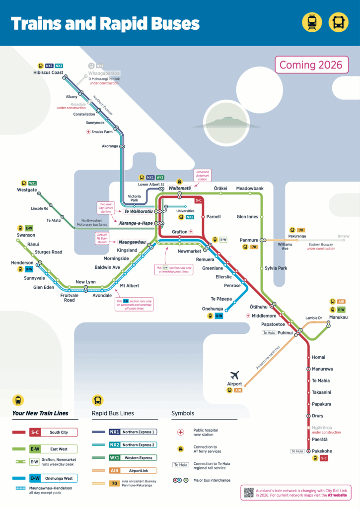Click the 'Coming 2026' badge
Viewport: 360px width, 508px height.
311,65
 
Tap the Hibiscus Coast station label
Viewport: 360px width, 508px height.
48,72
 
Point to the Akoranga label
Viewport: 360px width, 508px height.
110,146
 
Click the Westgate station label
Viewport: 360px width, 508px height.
27,190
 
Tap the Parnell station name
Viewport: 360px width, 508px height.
214,217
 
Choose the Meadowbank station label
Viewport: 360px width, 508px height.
250,189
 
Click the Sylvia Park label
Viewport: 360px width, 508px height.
276,268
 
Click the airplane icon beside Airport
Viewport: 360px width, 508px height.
234,375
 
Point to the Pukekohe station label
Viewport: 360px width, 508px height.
322,451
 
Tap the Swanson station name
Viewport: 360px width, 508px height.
26,235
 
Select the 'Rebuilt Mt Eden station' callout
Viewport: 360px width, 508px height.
102,239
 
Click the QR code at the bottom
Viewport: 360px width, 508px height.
249,492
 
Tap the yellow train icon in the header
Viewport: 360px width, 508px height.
312,22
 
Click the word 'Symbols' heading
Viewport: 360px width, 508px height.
183,413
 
